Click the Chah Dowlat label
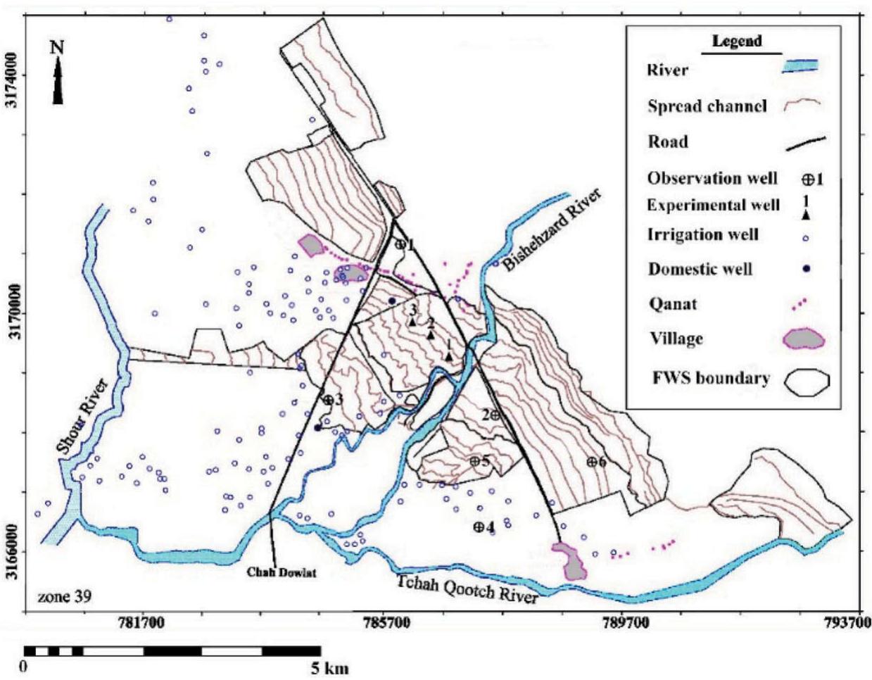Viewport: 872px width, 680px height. (x=282, y=573)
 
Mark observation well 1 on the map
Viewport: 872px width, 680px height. (x=400, y=244)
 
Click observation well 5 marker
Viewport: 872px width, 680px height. (x=475, y=461)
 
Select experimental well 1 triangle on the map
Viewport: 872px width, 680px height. (x=448, y=357)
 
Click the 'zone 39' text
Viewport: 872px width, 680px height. (x=62, y=598)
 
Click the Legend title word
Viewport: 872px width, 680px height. (x=737, y=41)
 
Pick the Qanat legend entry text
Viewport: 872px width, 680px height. (x=672, y=304)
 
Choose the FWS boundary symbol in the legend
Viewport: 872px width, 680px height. (x=807, y=380)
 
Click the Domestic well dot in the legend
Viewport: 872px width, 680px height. (x=807, y=269)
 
